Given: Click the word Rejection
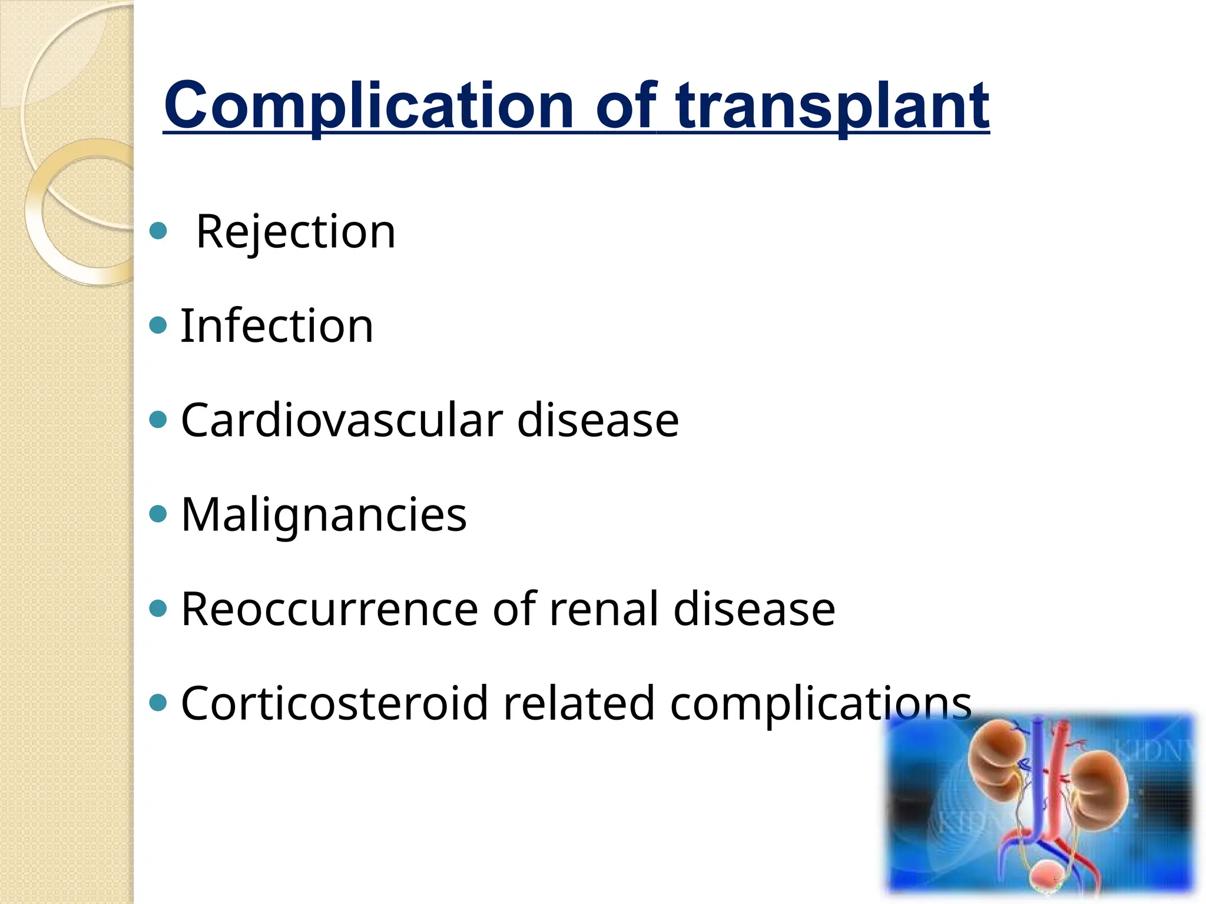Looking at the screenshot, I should [x=296, y=232].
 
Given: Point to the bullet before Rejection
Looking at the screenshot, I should [x=158, y=230].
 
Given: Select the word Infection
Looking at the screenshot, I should [x=277, y=326].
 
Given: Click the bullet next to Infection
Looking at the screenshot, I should [x=158, y=325].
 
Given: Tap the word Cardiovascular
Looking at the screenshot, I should [x=342, y=420].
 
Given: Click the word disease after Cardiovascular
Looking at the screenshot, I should [x=598, y=420].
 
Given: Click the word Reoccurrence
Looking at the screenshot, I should [x=330, y=609].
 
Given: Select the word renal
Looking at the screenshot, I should [x=604, y=609].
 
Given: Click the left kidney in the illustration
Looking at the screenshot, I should [x=995, y=759].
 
